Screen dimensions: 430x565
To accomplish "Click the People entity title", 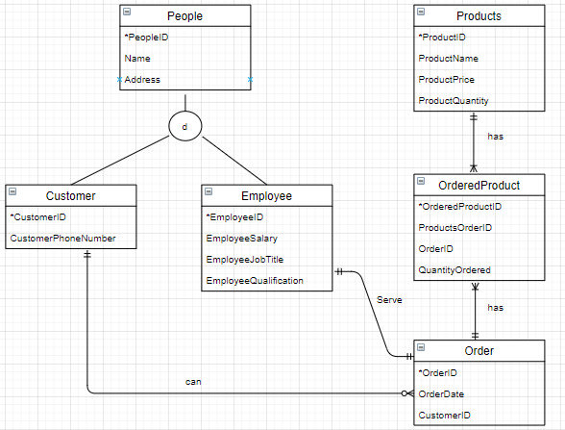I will [184, 16].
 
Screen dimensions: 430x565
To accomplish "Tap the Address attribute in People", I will [142, 79].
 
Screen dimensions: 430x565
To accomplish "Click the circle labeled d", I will [184, 124].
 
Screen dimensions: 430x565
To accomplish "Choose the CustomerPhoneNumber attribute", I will [62, 239].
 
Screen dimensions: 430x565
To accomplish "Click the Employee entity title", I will [266, 195].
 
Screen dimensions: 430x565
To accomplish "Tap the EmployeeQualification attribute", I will [255, 280].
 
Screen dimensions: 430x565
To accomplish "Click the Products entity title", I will [478, 16].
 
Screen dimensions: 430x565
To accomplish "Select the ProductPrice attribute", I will [447, 79].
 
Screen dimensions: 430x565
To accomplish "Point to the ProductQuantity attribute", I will [454, 100].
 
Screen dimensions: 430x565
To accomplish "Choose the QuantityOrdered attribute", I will [454, 270].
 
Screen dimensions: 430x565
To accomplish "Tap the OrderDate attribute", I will [441, 393].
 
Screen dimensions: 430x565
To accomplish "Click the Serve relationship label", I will [389, 300].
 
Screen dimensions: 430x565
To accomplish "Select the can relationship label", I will [193, 382].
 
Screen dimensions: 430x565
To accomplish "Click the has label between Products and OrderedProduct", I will [495, 136].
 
